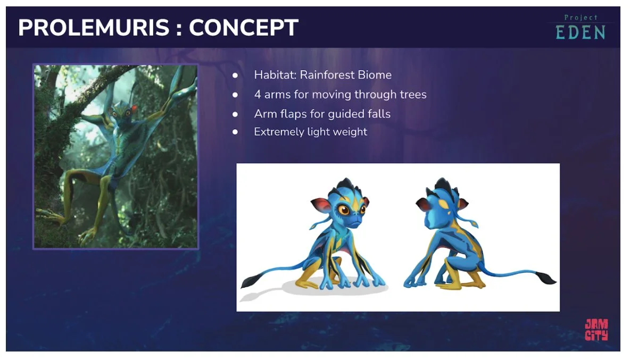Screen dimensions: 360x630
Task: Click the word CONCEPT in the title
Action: click(x=244, y=28)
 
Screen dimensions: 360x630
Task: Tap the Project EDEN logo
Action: click(x=580, y=28)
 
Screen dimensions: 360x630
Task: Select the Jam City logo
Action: click(x=596, y=330)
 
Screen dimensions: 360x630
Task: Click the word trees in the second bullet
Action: click(x=413, y=95)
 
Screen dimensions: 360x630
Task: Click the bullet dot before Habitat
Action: click(x=235, y=76)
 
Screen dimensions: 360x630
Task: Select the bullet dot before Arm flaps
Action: click(x=235, y=114)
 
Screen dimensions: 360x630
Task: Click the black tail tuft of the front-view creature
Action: click(x=251, y=280)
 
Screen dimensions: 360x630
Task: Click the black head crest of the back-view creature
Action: click(x=443, y=186)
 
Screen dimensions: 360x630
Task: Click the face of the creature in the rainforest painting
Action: click(x=117, y=114)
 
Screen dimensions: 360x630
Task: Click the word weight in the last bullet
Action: click(x=349, y=132)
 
